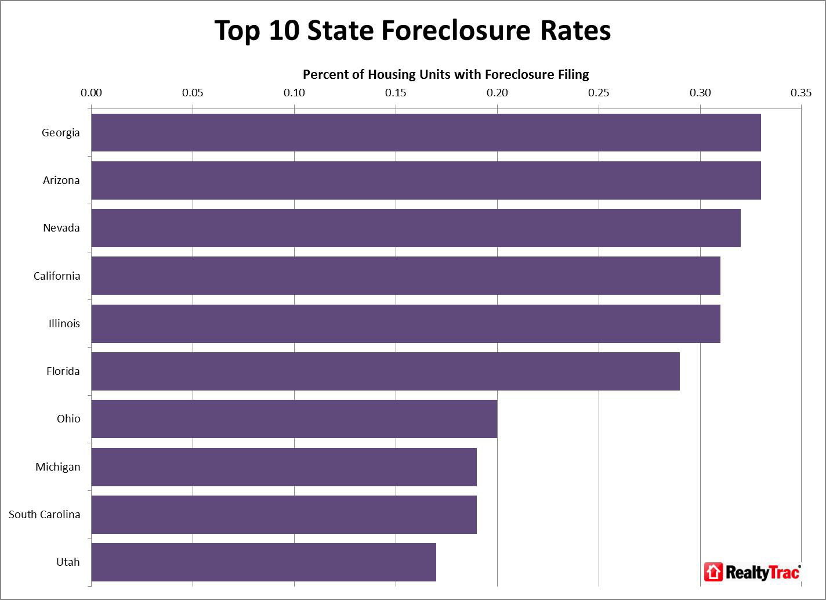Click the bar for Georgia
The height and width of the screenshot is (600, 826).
tap(426, 132)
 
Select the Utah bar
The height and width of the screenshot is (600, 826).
tap(263, 562)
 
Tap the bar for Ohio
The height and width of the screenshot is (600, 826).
tap(294, 418)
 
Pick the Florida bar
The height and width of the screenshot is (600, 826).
tap(385, 371)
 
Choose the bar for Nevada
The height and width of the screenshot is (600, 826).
tap(416, 227)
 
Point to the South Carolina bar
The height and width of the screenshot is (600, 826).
tap(284, 514)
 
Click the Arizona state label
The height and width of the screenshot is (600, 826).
tap(61, 180)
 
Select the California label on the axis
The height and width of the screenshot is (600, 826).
tap(57, 276)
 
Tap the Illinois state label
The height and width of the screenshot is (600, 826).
tap(64, 323)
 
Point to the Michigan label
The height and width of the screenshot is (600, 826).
tap(57, 467)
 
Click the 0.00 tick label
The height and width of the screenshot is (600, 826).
tap(91, 93)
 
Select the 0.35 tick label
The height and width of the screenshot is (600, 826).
tap(802, 93)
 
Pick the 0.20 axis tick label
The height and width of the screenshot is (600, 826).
tap(497, 93)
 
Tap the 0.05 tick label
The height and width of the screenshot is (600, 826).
tap(193, 93)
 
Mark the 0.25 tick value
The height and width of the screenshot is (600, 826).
tap(599, 93)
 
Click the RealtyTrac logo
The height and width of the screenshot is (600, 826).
tap(752, 572)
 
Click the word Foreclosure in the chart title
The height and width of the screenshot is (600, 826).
tap(456, 30)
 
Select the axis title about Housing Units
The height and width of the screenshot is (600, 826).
tap(445, 74)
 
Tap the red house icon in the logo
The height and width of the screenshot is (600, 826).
tap(713, 572)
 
